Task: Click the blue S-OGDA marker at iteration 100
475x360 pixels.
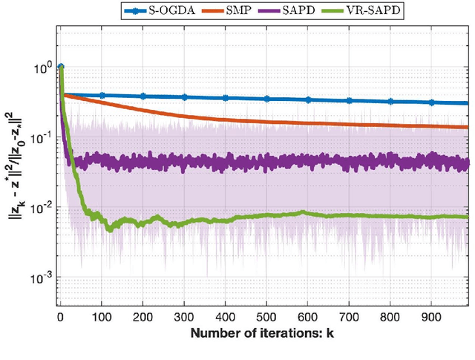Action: (102, 95)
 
